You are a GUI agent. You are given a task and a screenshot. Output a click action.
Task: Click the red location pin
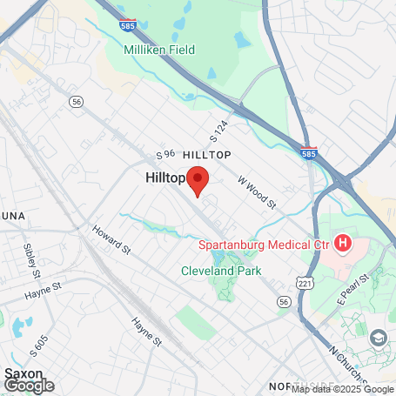[198, 179]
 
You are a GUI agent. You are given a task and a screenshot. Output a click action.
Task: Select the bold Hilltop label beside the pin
[164, 177]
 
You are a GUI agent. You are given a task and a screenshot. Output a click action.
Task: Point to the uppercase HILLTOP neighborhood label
[205, 153]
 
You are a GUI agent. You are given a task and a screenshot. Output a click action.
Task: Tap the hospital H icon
[343, 242]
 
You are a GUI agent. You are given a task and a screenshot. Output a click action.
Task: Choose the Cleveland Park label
[221, 271]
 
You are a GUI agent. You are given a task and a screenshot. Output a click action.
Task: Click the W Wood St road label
[257, 192]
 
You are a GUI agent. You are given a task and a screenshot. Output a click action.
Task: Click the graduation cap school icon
[379, 337]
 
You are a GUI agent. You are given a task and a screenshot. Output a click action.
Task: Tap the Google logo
[29, 385]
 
